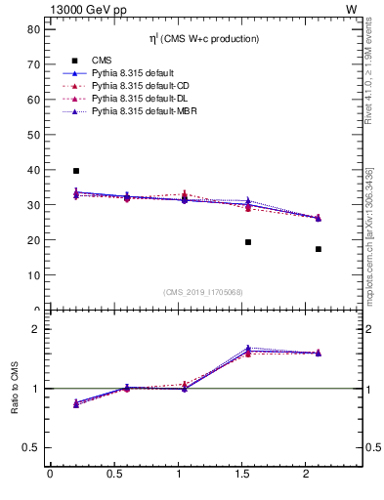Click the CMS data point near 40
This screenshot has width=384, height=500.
[76, 171]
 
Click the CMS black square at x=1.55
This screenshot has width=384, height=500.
[248, 242]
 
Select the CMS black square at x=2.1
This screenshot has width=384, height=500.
[319, 249]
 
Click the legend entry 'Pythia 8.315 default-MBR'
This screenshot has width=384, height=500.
[146, 113]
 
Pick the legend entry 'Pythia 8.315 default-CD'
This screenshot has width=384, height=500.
[143, 86]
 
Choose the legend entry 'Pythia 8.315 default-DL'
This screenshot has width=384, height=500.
[143, 100]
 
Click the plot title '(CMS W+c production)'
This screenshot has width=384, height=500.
[204, 39]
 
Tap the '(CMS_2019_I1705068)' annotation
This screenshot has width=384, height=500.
[204, 290]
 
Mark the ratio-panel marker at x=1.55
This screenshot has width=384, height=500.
[248, 351]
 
